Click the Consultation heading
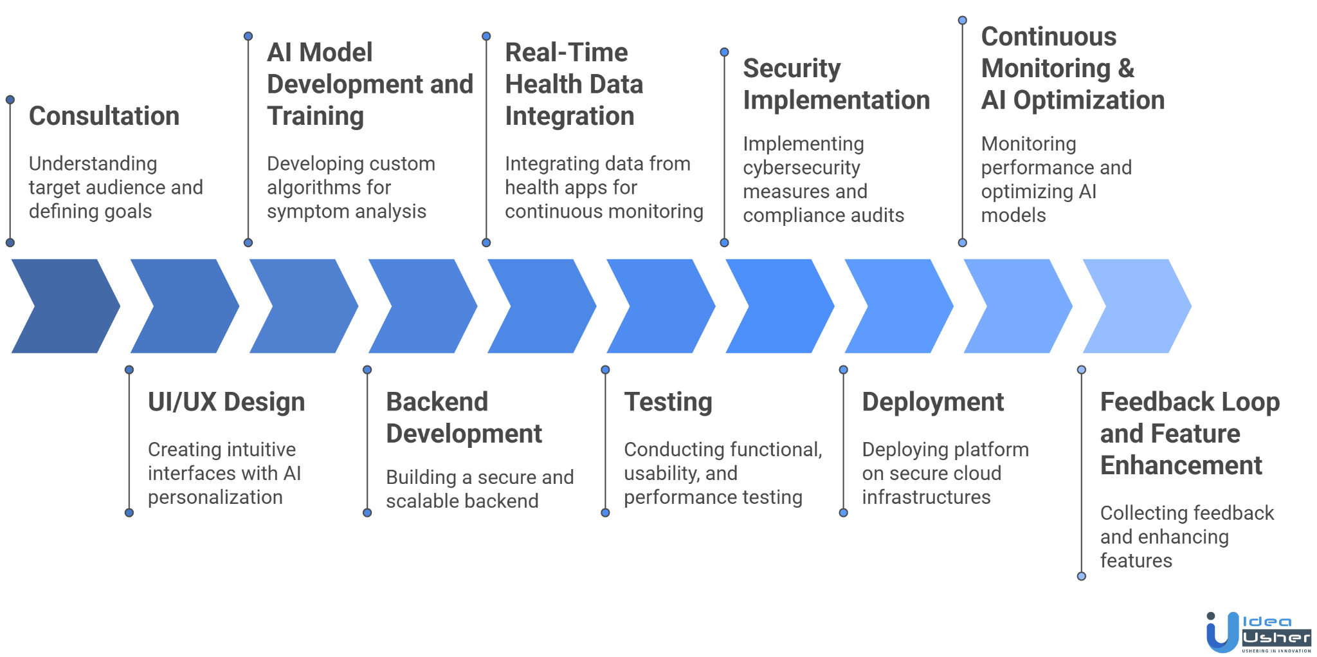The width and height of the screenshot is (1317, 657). click(104, 116)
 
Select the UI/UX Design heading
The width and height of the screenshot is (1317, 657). click(226, 402)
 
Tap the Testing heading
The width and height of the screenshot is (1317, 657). click(668, 402)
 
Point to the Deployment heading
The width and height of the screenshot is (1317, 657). click(932, 402)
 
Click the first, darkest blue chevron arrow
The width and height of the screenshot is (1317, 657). click(64, 306)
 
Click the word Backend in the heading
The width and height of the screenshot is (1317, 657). click(437, 402)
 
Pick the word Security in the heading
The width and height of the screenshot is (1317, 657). click(792, 69)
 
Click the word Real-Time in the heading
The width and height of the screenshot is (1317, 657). click(566, 53)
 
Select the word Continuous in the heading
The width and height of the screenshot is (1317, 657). click(1048, 37)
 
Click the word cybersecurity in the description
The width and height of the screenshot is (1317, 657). click(801, 168)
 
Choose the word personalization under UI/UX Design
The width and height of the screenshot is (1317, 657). click(215, 497)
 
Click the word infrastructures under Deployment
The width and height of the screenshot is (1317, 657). click(926, 497)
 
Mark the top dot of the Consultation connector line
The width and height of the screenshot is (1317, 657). click(10, 100)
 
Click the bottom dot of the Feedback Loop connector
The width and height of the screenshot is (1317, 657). click(1082, 576)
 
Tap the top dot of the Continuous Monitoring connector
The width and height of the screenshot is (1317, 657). click(963, 21)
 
